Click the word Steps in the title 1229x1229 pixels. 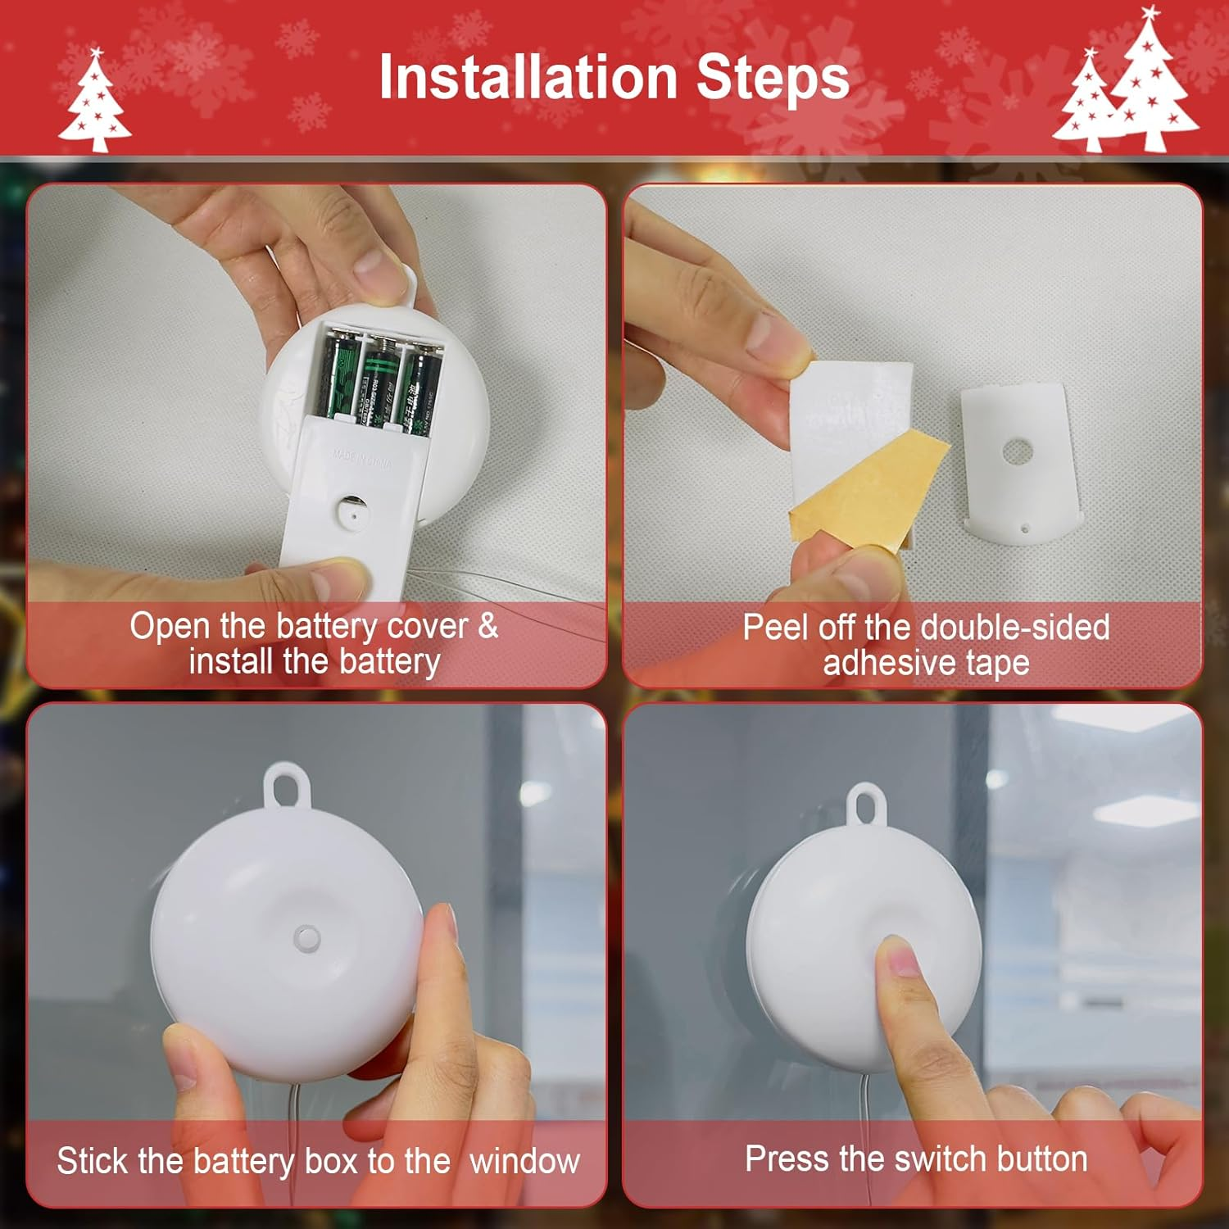[x=772, y=78]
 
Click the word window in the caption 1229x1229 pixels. [x=524, y=1161]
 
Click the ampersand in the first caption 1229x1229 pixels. [x=488, y=627]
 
